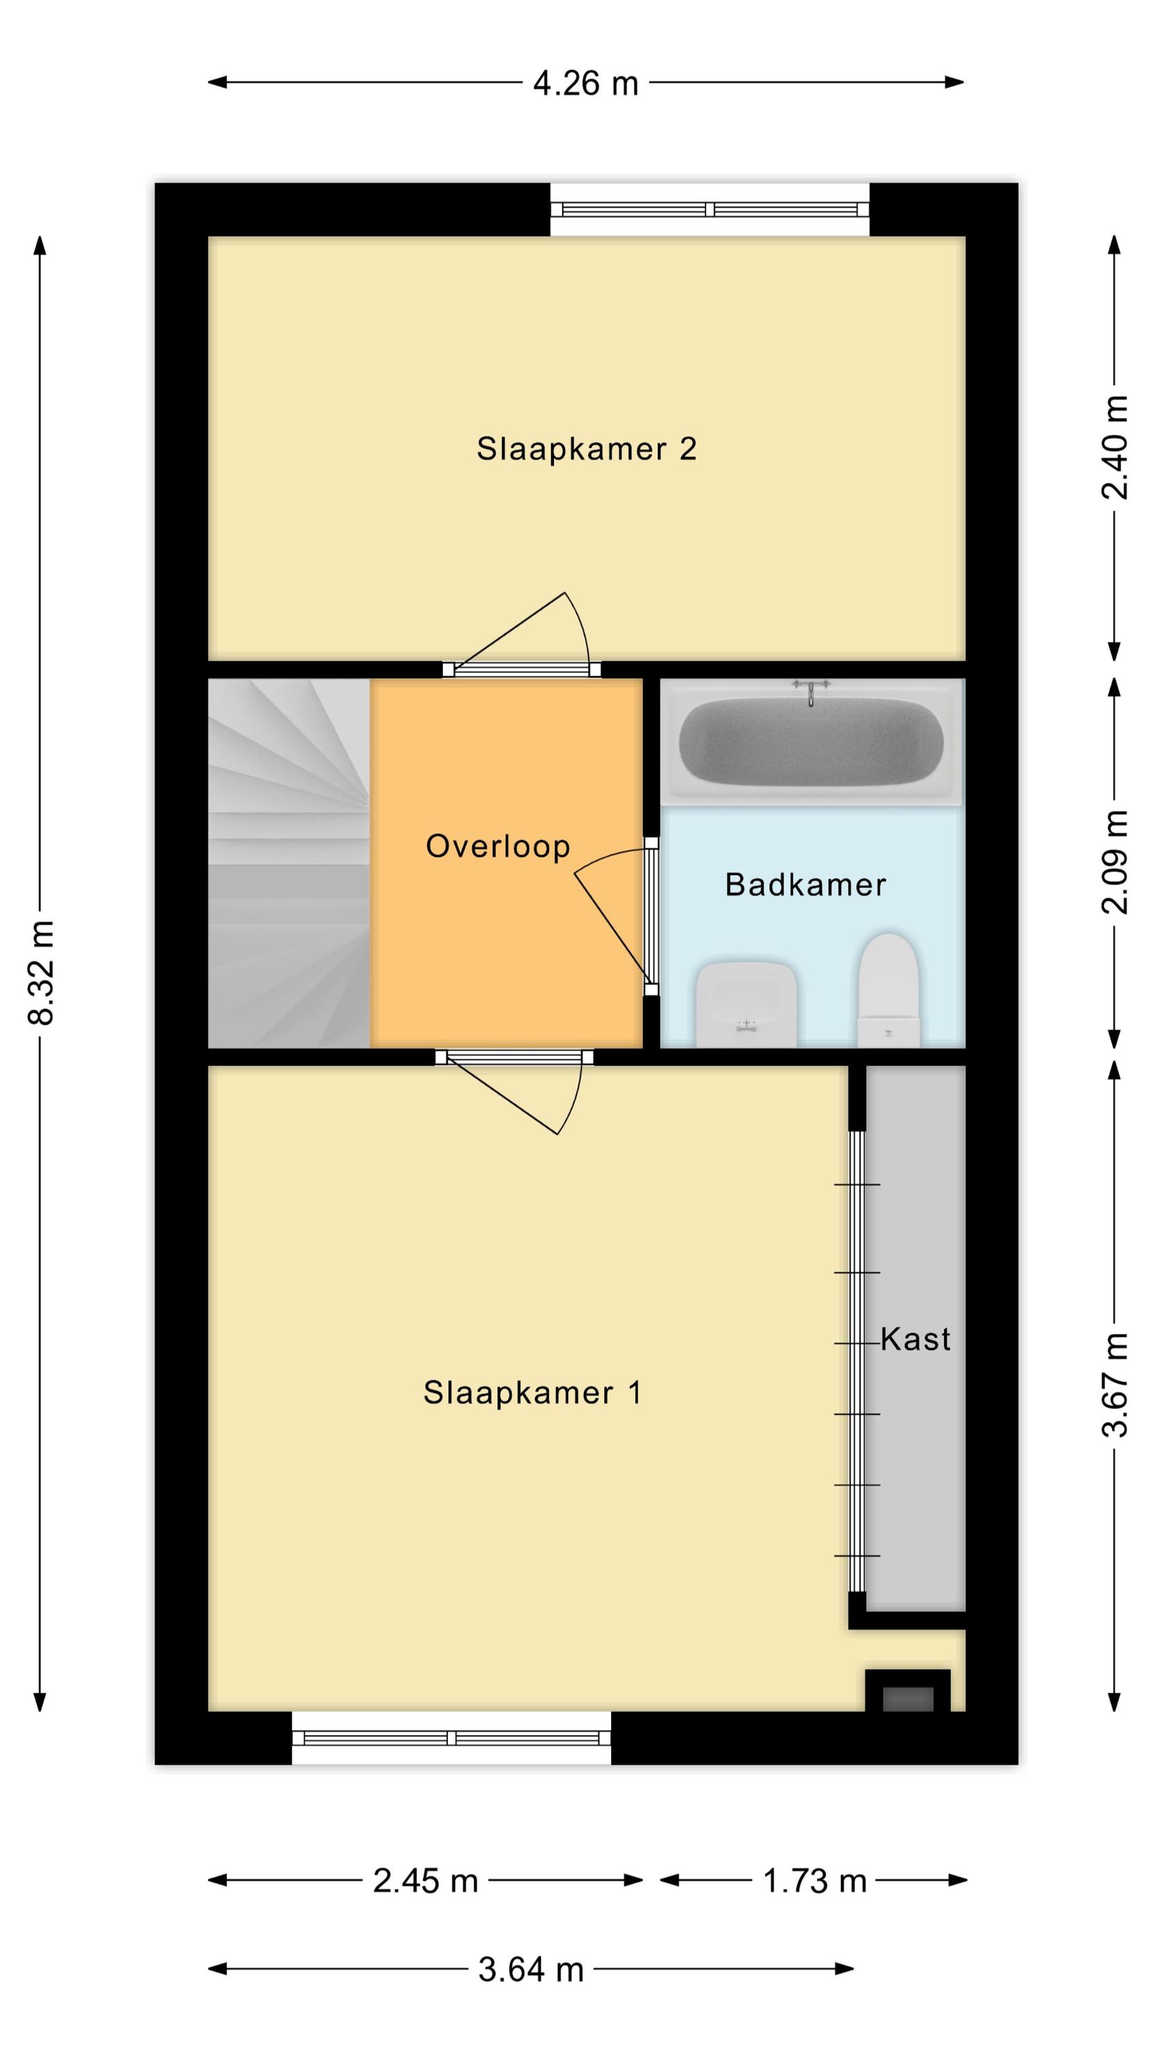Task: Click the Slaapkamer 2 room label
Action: click(x=586, y=449)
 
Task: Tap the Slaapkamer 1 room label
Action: click(x=532, y=1393)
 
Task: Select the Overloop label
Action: click(x=498, y=846)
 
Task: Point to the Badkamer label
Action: click(x=805, y=885)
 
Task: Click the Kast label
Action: click(x=915, y=1339)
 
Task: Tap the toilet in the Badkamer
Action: click(x=888, y=990)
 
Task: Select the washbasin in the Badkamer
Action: click(x=747, y=1005)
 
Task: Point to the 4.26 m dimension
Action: click(x=586, y=83)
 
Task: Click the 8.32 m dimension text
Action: click(x=40, y=972)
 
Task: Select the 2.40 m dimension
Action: click(x=1115, y=448)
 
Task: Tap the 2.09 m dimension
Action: click(x=1115, y=862)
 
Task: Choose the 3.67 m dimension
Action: click(x=1115, y=1384)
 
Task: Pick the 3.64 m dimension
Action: click(x=531, y=1970)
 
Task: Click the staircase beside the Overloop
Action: click(x=288, y=863)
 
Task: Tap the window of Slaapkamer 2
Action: click(x=710, y=210)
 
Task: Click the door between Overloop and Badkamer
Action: click(x=652, y=915)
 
